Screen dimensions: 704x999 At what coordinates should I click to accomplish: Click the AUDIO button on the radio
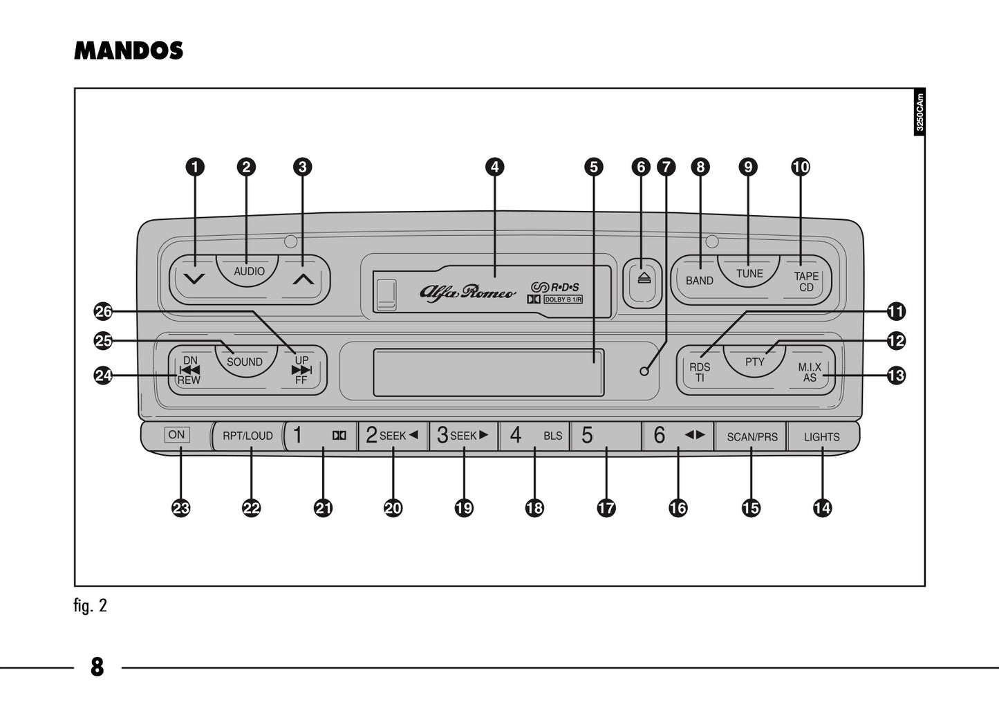pos(249,270)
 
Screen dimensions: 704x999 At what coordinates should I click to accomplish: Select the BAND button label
pos(699,280)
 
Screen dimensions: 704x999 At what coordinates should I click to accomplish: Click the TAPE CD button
pos(805,281)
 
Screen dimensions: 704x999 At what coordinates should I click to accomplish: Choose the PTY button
pos(754,362)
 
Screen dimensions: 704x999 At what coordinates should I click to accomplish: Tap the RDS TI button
pos(699,372)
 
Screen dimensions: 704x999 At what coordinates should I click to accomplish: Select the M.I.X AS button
pos(810,372)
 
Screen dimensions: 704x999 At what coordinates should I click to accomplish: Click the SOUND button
pos(244,362)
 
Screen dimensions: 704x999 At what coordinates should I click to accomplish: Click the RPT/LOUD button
pos(248,436)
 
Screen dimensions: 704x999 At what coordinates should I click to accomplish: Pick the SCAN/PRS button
pos(751,437)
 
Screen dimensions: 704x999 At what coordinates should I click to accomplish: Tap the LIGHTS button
pos(821,437)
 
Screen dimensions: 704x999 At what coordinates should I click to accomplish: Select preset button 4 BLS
pos(534,436)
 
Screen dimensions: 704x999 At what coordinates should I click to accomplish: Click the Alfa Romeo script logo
pos(467,292)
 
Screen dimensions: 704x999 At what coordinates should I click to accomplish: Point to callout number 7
pos(666,167)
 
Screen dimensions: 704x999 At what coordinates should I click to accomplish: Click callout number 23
pos(180,508)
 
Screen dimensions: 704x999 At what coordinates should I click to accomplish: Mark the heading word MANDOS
pos(129,50)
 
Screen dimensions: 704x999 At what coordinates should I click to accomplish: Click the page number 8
pos(97,667)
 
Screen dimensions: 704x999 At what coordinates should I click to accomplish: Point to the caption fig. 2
pos(91,606)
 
